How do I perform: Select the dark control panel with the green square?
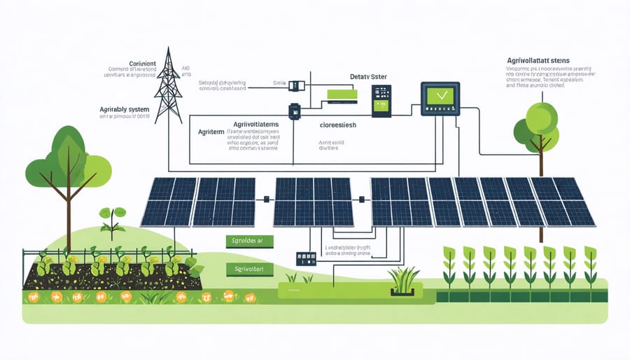(381, 101)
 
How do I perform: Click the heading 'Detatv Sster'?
(368, 76)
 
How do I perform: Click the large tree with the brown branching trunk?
(68, 168)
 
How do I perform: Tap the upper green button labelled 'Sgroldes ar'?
(250, 241)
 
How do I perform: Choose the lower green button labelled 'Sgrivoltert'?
(250, 268)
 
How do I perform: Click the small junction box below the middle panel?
(306, 259)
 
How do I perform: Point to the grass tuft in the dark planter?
(403, 279)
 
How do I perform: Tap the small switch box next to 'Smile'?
(297, 85)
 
